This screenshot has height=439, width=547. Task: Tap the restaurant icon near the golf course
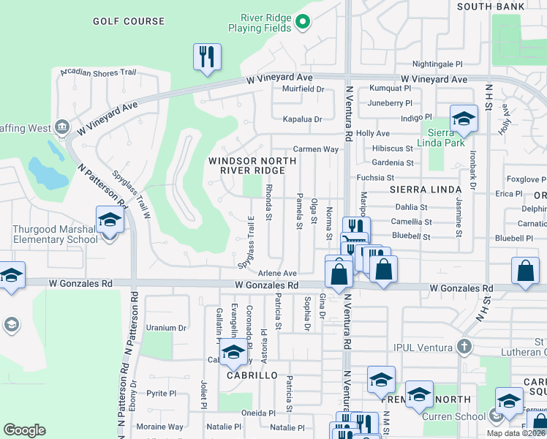click(x=207, y=56)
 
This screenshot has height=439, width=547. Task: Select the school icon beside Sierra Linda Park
click(x=463, y=119)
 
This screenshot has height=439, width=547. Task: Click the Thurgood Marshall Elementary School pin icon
click(x=110, y=219)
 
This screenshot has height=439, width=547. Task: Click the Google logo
click(x=24, y=430)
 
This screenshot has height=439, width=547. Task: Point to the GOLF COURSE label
click(x=129, y=21)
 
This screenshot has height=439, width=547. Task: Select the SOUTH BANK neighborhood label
click(x=491, y=7)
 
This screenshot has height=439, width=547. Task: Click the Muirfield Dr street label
click(x=303, y=89)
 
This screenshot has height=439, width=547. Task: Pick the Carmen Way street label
click(x=316, y=149)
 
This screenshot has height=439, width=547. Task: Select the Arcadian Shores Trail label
click(x=99, y=72)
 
